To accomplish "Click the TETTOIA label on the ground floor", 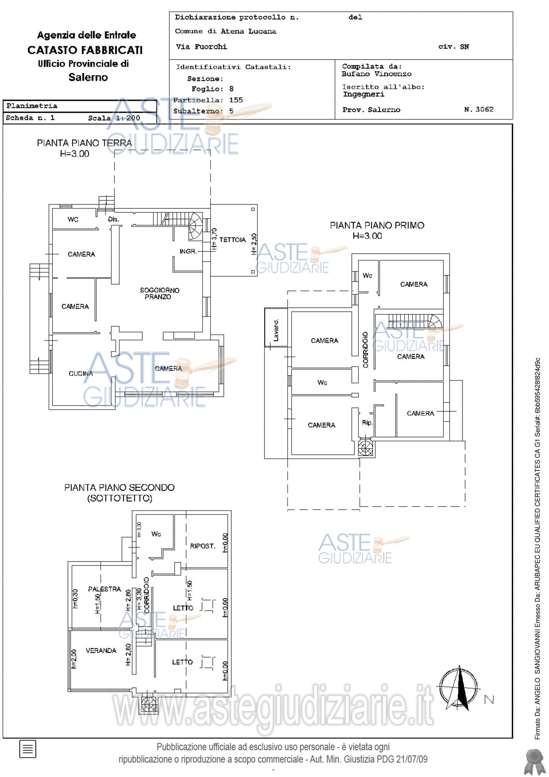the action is coord(232,240).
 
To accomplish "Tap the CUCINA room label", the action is coord(81,374).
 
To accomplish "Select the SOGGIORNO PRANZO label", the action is coord(159,293).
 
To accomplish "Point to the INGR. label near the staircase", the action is coord(188,251).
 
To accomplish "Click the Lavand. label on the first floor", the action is coord(276,330).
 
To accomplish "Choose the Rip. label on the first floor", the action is coord(367,423).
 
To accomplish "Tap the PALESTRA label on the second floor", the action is coord(105,589).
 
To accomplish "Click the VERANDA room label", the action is coord(101,650).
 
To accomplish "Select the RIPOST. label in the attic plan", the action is coord(203,546).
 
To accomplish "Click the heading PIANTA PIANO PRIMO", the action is coord(377,225).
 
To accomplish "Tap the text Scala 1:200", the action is coord(114,118).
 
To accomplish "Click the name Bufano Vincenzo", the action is coord(377,74).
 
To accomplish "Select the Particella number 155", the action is coord(236,100).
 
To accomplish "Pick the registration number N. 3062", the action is coord(479,109).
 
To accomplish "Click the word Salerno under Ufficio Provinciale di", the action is coord(88,77).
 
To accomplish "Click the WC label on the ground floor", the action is coord(73,220).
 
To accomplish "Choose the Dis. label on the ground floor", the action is coord(113,219).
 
